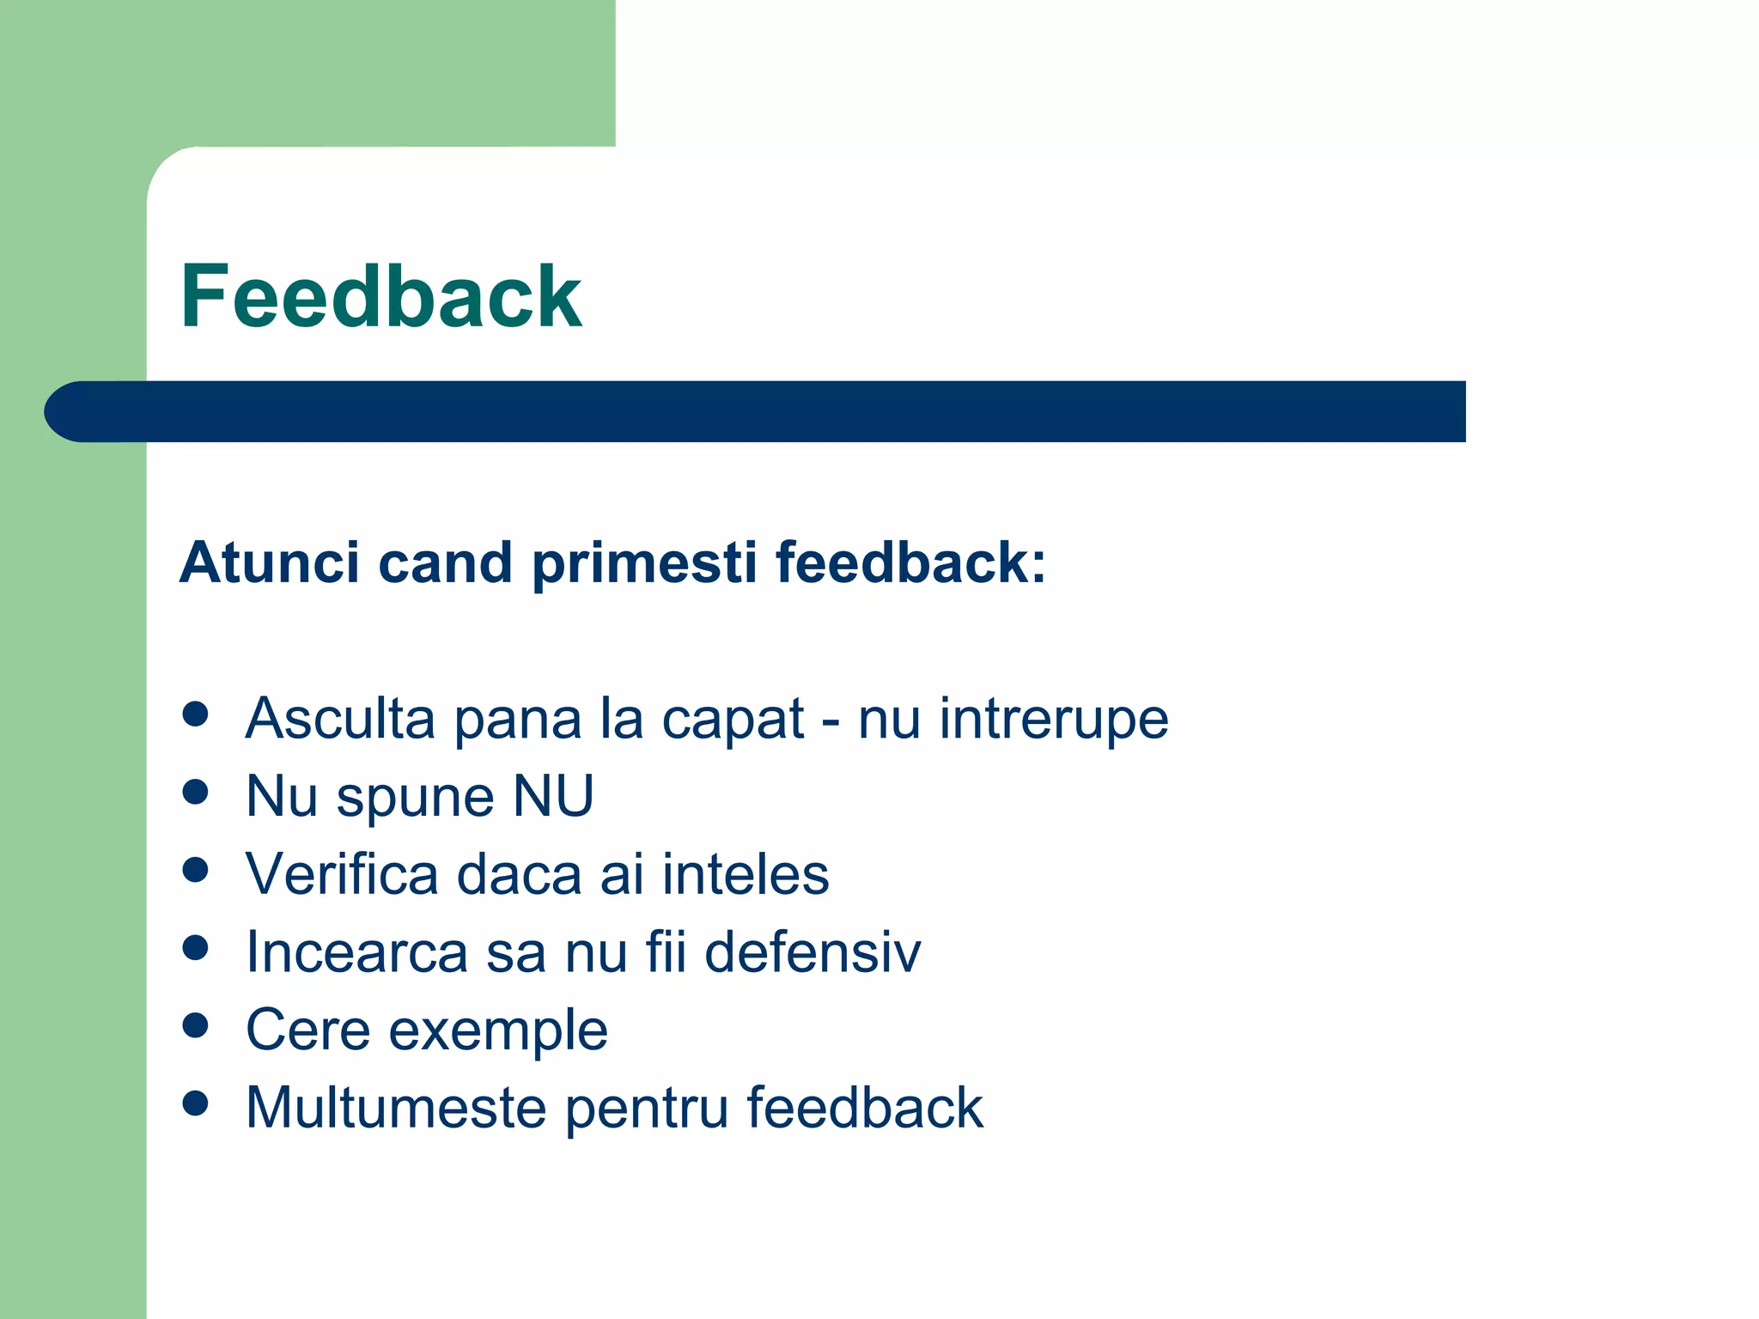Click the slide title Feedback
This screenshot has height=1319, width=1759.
click(x=380, y=297)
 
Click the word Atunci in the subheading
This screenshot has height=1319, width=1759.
click(x=269, y=563)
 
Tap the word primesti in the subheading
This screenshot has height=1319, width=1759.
click(x=643, y=563)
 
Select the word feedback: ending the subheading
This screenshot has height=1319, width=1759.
click(x=910, y=563)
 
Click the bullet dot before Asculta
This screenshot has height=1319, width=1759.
click(x=196, y=714)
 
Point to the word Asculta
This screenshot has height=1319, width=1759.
click(x=340, y=719)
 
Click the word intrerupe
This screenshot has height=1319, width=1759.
click(x=1053, y=719)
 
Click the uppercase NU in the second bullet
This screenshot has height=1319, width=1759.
click(x=552, y=796)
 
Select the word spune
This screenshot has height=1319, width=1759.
click(x=416, y=799)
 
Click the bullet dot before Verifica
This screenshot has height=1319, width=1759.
click(x=196, y=870)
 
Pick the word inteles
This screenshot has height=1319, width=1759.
click(x=745, y=874)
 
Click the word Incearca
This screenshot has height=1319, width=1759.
click(x=356, y=952)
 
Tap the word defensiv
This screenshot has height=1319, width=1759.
click(x=812, y=952)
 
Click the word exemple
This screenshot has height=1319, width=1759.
click(x=498, y=1032)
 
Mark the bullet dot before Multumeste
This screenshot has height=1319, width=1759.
click(x=196, y=1103)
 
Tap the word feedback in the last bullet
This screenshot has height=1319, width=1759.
click(x=864, y=1108)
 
